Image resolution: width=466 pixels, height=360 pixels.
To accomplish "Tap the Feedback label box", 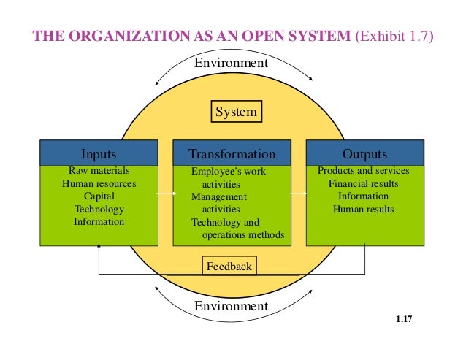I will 229,267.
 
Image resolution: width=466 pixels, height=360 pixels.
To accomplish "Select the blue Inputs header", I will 99,154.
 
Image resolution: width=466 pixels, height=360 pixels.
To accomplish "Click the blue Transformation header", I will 232,154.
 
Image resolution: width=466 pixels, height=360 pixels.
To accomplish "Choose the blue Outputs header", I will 364,154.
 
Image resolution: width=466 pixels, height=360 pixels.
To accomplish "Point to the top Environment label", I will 231,64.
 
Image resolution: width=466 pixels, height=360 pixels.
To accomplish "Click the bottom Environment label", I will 231,306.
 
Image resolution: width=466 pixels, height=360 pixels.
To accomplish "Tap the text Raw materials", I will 99,171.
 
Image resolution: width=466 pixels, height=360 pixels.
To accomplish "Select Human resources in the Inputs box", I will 99,184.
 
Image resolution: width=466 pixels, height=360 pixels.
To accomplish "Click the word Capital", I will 99,196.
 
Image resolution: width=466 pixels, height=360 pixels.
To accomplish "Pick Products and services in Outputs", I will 364,171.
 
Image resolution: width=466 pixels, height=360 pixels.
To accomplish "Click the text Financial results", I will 364,184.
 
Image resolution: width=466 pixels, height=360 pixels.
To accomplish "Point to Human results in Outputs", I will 364,210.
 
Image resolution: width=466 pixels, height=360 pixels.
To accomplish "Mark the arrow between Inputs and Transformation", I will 166,194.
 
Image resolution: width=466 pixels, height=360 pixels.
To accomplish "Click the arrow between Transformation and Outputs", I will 298,194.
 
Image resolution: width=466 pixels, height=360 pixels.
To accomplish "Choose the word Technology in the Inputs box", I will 99,210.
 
